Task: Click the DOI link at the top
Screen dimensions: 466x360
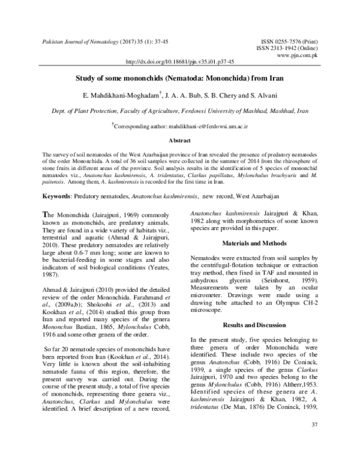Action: (x=181, y=61)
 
